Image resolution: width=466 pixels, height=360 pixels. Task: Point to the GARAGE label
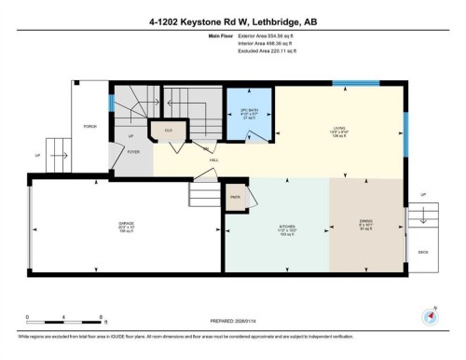coord(126,224)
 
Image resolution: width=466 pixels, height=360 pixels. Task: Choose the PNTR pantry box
coord(234,198)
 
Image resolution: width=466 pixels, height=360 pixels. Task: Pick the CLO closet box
coord(170,131)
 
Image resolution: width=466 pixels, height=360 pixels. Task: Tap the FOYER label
coord(133,150)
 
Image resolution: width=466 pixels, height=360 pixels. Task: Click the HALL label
coord(214,160)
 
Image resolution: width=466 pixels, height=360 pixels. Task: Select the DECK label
coord(422,252)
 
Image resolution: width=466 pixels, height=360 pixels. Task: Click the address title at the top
coord(232,21)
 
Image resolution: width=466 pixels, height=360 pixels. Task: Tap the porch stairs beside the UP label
coord(59,148)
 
